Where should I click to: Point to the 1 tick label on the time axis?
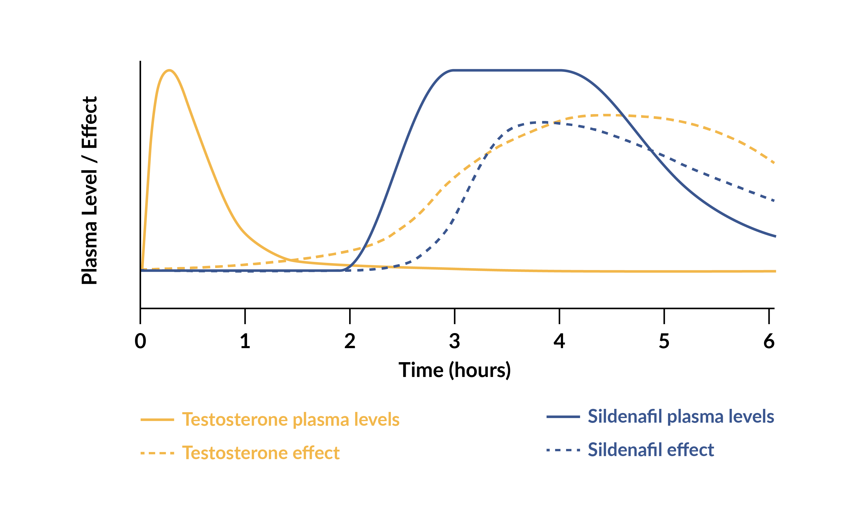[x=245, y=341]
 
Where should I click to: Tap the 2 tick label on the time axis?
[x=350, y=341]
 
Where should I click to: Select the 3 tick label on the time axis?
[x=454, y=341]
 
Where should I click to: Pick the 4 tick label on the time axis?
[x=559, y=341]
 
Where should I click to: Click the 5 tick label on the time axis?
[x=664, y=341]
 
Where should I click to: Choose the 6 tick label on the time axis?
[x=769, y=341]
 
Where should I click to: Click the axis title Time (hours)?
[x=454, y=370]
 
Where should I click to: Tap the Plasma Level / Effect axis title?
[x=90, y=190]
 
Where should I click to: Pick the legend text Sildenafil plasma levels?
[x=681, y=416]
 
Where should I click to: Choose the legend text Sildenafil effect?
[x=651, y=450]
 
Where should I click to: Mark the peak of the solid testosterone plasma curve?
[x=169, y=70]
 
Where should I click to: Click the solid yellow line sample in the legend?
[x=157, y=420]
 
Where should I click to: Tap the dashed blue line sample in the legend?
[x=563, y=450]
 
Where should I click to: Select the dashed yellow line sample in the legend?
[x=157, y=453]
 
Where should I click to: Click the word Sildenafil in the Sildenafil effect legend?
[x=625, y=450]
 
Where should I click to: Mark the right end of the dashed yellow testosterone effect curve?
[x=774, y=163]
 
